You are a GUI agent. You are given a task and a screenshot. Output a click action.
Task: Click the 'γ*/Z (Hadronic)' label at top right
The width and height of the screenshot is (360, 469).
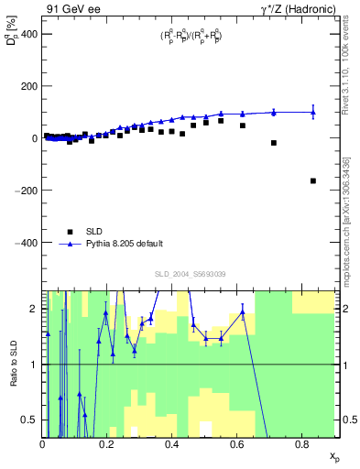pyautogui.click(x=300, y=8)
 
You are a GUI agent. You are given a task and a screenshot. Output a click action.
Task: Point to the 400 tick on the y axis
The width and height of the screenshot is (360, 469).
pyautogui.click(x=28, y=34)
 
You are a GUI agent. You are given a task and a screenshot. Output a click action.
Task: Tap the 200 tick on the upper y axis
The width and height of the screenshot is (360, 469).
pyautogui.click(x=28, y=86)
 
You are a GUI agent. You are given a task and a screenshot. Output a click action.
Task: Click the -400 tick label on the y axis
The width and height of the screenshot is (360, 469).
pyautogui.click(x=27, y=243)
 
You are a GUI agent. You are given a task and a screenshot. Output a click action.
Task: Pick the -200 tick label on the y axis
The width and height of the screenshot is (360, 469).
pyautogui.click(x=27, y=191)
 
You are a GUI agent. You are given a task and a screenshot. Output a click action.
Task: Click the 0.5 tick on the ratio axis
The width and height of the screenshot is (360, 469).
pyautogui.click(x=31, y=420)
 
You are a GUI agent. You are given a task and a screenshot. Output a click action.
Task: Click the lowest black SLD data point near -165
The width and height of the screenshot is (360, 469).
pyautogui.click(x=313, y=181)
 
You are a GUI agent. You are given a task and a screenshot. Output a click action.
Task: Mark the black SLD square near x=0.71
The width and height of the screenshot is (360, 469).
pyautogui.click(x=274, y=143)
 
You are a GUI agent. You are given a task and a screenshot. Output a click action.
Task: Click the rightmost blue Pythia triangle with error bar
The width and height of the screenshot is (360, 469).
pyautogui.click(x=313, y=113)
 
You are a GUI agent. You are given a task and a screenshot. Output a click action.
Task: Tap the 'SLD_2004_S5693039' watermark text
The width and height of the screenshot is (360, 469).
pyautogui.click(x=190, y=274)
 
